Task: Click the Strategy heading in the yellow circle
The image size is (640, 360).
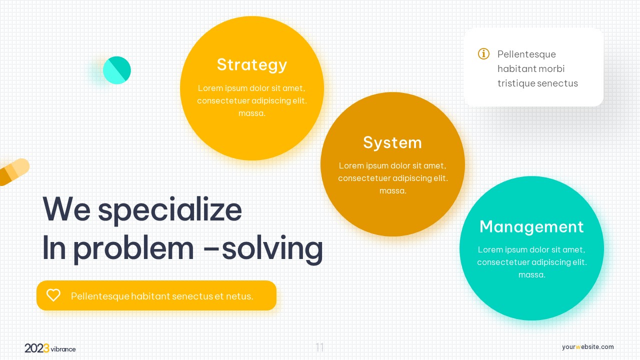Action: coord(251,64)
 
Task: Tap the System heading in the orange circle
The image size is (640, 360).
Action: coord(392,142)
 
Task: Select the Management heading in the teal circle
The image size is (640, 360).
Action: coord(531,226)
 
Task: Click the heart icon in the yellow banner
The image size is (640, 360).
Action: coord(53,295)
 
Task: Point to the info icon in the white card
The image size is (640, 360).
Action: coord(483,53)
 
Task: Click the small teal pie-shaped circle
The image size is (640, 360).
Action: coord(117,70)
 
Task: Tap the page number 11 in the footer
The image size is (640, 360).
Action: coord(320,347)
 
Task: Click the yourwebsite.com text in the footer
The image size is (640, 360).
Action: coord(587,347)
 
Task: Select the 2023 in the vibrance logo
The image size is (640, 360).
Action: coord(37,348)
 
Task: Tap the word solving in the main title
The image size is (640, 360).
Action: coord(272,248)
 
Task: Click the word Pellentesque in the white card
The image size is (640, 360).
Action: coord(526,54)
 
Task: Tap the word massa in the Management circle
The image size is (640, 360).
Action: coord(531,274)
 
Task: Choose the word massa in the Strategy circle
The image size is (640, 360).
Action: coord(251,113)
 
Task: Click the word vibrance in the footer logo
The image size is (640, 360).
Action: coord(63,349)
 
